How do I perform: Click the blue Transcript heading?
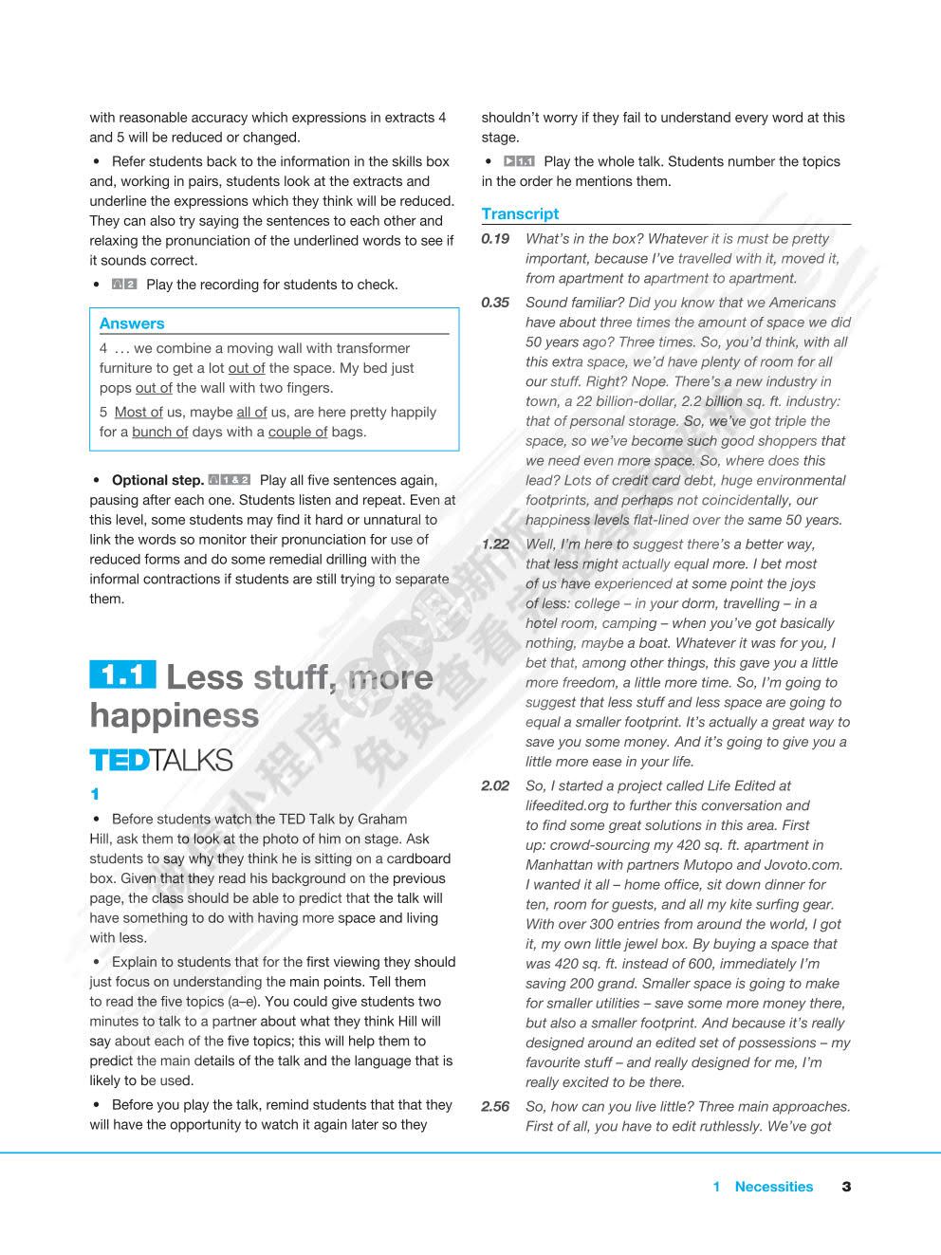click(x=520, y=214)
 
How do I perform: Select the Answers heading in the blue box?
click(x=132, y=323)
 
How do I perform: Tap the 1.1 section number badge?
click(x=122, y=675)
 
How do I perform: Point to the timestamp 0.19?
click(x=495, y=239)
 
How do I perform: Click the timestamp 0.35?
click(x=495, y=303)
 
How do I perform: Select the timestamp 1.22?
click(x=495, y=544)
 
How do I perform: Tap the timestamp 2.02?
click(x=495, y=786)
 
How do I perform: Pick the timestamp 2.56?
click(x=495, y=1107)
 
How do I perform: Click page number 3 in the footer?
click(x=846, y=1187)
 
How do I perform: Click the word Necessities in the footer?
click(x=774, y=1187)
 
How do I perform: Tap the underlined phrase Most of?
click(x=138, y=413)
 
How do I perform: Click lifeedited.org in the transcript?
click(x=570, y=806)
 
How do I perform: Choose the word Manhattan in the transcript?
click(x=559, y=865)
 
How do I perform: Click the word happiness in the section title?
click(x=175, y=715)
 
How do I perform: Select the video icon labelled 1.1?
click(x=519, y=162)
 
